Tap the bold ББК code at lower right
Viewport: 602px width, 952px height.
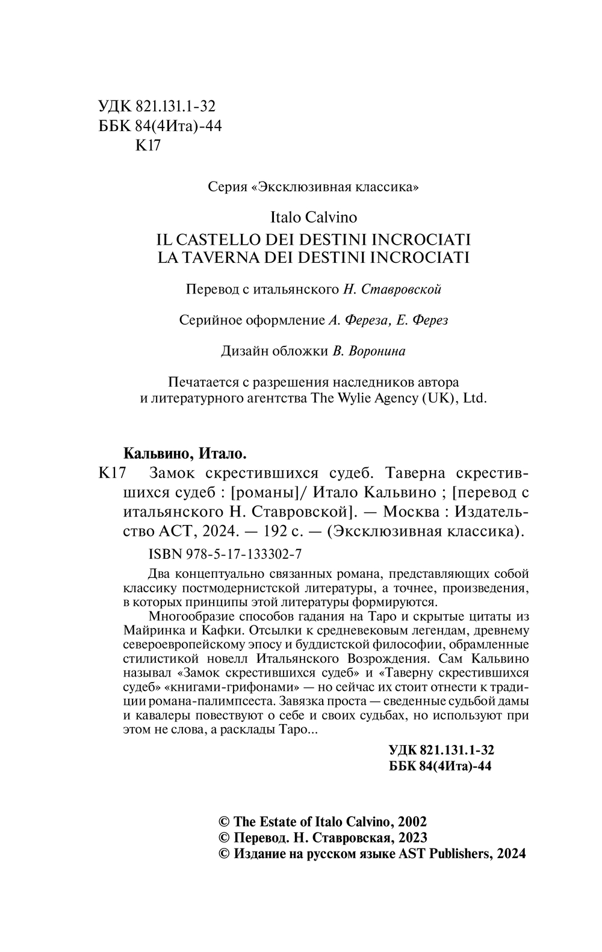coord(441,767)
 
